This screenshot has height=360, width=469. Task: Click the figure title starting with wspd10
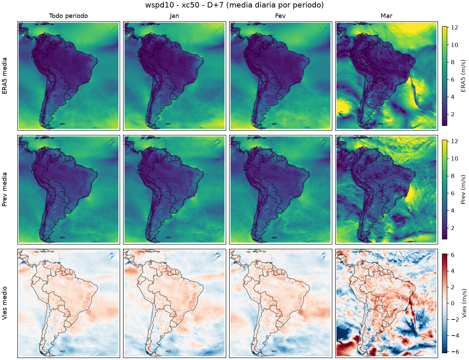(x=234, y=5)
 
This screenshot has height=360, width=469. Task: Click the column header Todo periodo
(x=69, y=16)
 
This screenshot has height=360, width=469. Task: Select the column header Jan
(x=174, y=16)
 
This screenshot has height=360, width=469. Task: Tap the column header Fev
(x=280, y=16)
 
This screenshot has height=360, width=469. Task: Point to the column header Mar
(x=386, y=16)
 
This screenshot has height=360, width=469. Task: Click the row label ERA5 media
(x=4, y=76)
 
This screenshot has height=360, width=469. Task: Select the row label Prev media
(x=4, y=190)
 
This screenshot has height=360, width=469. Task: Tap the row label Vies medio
(x=4, y=303)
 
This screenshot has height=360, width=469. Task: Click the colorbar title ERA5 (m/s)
(x=463, y=76)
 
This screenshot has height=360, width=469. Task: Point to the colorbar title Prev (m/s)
(x=463, y=190)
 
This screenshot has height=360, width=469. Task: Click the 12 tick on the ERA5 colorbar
(x=454, y=27)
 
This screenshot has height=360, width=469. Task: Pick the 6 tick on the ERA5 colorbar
(x=453, y=79)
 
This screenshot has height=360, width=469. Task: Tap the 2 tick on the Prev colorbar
(x=453, y=228)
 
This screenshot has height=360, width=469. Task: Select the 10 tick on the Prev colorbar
(x=454, y=159)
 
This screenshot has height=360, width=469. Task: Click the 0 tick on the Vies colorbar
(x=453, y=303)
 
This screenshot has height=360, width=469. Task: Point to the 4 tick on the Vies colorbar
(x=453, y=271)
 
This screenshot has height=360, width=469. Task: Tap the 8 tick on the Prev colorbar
(x=453, y=176)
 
